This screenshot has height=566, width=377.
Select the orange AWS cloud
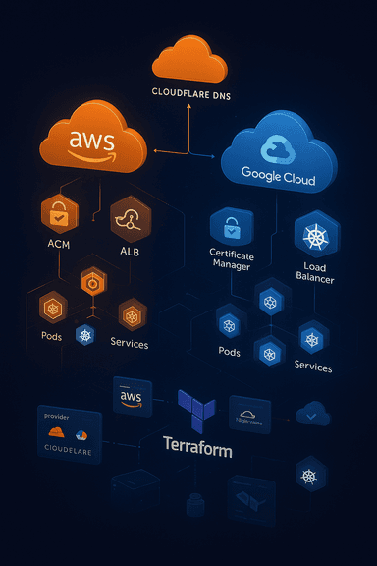[94, 141]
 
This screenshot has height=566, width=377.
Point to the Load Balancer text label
[314, 272]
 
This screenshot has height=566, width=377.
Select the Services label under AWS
[130, 344]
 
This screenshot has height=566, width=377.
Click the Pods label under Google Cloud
[229, 351]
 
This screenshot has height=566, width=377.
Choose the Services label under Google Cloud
[313, 366]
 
